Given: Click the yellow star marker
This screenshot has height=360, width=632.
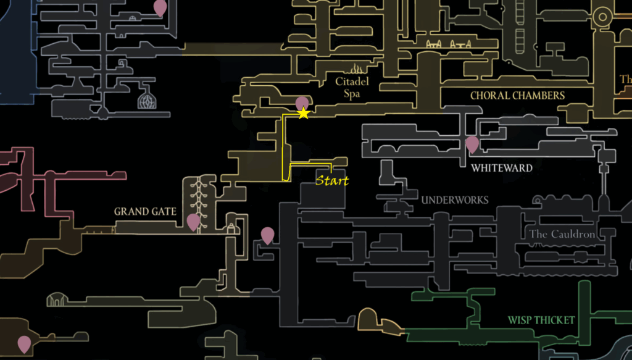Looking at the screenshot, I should coord(303,114).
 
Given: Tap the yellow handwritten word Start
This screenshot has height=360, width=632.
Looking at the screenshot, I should coord(332,181).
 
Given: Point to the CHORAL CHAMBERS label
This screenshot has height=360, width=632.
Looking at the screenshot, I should coord(517,96).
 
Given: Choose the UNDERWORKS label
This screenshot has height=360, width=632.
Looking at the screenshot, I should coord(455,200).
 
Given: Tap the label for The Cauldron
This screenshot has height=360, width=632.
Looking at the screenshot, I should coord(562,234).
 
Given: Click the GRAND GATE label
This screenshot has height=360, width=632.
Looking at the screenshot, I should coord(145,212).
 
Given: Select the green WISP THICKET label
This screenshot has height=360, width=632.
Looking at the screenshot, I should coord(541,320).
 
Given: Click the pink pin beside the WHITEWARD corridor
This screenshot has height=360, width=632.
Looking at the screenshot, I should coord(472,144).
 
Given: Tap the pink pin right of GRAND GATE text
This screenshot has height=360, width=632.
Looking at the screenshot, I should coord(193,221).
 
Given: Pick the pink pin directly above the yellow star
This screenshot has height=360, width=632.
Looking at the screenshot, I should coord(302,103).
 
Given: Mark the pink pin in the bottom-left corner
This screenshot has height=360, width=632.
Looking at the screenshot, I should coord(24,343).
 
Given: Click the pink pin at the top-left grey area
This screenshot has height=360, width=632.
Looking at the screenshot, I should coord(160,7).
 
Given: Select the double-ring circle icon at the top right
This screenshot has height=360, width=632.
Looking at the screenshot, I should coord(601,19).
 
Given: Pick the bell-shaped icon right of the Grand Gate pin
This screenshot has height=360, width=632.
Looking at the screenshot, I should coord(231,227).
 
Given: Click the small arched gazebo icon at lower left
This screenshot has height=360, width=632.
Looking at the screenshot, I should coord(57,299).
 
